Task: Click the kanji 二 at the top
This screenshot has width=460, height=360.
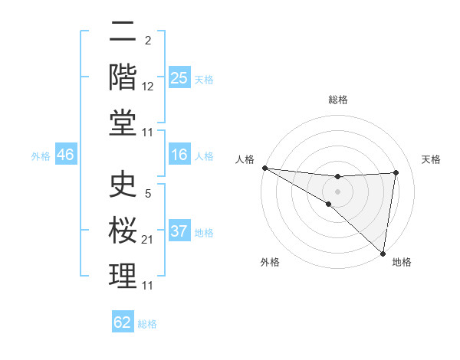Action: [x=123, y=33]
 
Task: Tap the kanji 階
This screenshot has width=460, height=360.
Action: [x=123, y=77]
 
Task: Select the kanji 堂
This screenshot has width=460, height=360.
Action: [x=123, y=123]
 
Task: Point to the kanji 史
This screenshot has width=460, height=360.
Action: [x=123, y=185]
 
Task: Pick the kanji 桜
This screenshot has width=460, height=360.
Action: [x=123, y=231]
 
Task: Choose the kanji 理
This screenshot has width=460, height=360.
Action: [x=123, y=277]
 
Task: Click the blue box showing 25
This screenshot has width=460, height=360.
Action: [x=179, y=77]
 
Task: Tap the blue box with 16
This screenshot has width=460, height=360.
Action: [x=179, y=155]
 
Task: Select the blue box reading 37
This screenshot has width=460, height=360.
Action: [x=179, y=232]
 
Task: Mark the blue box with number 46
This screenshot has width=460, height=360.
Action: [x=65, y=155]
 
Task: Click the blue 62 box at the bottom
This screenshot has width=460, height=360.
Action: [x=123, y=322]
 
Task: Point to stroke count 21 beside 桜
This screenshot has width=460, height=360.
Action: [x=148, y=241]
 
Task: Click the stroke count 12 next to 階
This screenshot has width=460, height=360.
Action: [x=148, y=87]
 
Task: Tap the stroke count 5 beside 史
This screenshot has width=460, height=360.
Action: [x=147, y=195]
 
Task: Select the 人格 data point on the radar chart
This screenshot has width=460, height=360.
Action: [x=264, y=168]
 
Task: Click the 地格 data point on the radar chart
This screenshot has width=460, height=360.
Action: [x=383, y=252]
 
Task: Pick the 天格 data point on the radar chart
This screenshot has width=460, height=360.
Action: [x=396, y=172]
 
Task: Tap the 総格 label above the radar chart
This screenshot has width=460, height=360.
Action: [x=338, y=100]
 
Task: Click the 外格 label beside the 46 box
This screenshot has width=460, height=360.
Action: [x=41, y=156]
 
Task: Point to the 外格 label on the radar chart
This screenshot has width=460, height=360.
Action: [x=270, y=262]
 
